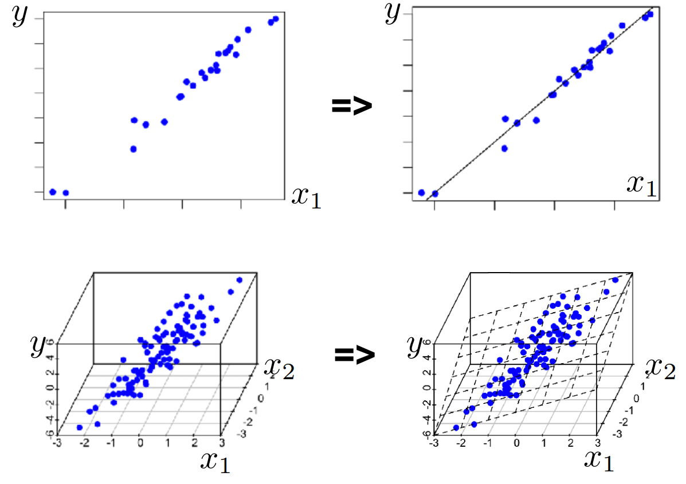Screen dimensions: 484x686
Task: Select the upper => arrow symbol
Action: click(x=352, y=106)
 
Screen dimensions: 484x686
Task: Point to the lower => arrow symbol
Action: click(x=354, y=356)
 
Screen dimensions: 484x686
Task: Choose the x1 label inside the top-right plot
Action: click(x=641, y=185)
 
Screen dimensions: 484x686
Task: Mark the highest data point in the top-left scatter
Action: click(x=276, y=19)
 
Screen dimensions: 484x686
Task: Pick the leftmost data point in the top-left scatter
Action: click(x=53, y=192)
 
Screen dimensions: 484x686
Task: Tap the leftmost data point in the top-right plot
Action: click(x=422, y=192)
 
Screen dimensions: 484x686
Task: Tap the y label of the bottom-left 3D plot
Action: click(x=37, y=347)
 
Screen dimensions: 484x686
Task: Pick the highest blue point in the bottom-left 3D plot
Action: click(x=240, y=280)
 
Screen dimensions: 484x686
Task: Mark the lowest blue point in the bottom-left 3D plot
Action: click(x=80, y=428)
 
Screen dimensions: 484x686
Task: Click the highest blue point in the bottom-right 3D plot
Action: click(x=615, y=280)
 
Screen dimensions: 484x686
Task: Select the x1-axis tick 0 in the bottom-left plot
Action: click(x=140, y=443)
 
